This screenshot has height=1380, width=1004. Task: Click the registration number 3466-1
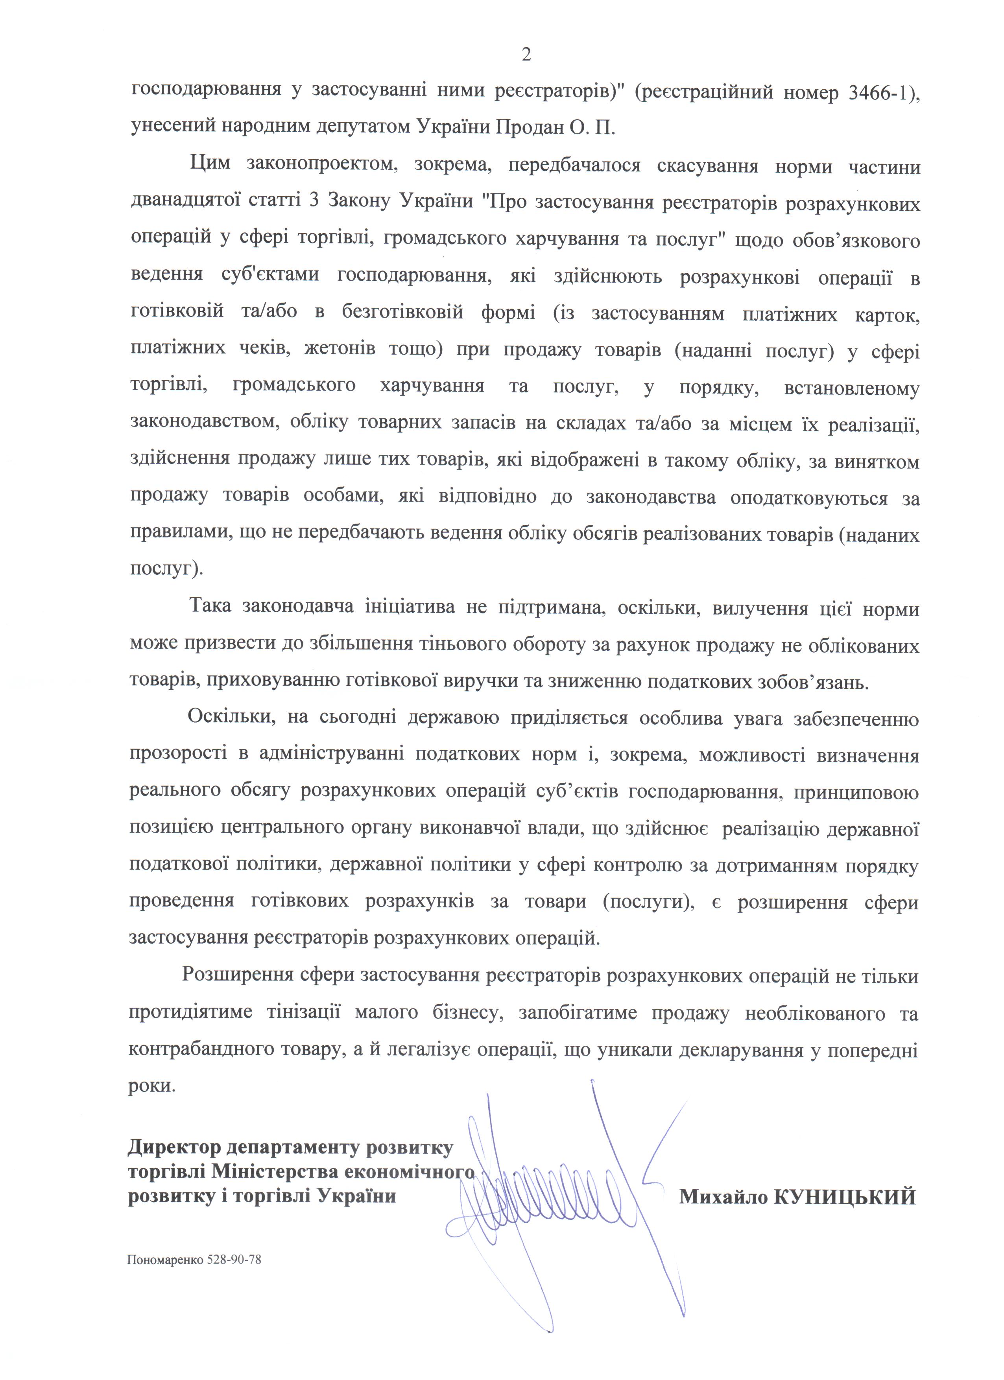point(878,92)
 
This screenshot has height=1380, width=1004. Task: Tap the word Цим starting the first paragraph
point(209,165)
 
